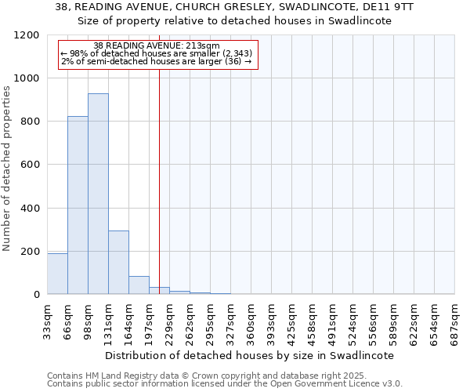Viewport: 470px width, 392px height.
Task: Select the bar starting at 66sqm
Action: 78,205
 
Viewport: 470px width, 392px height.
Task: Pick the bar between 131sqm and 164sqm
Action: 118,263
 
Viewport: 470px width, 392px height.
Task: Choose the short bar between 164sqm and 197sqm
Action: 139,285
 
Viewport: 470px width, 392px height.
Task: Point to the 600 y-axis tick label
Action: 31,165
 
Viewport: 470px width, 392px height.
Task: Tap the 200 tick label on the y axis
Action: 31,252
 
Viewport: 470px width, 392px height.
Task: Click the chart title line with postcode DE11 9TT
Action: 234,7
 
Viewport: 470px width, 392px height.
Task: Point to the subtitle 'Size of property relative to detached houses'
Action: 234,21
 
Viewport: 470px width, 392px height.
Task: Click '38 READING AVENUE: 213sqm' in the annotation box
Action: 156,45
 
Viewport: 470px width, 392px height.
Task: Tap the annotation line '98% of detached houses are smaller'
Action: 156,53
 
